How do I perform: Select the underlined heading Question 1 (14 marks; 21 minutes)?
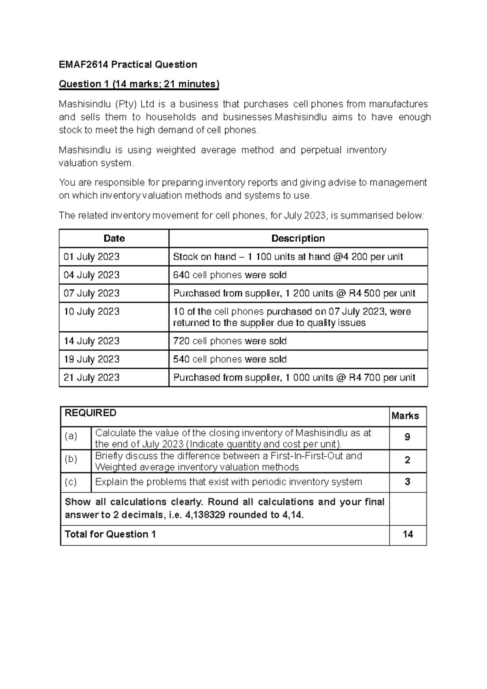[139, 84]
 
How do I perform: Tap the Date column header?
[114, 238]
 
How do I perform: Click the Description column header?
[298, 238]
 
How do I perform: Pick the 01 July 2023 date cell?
[91, 257]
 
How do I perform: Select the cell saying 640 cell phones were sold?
[230, 275]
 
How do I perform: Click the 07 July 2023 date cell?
[91, 293]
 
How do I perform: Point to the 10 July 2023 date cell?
[91, 312]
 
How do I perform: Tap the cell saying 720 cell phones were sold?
[230, 341]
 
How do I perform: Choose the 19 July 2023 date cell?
[91, 359]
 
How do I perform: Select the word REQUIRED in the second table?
[91, 413]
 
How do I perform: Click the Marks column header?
[405, 416]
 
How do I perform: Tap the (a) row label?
[71, 436]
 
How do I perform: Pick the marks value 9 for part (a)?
[407, 438]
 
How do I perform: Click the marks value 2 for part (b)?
[407, 460]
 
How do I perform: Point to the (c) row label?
[71, 482]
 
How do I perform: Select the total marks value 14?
[407, 534]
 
